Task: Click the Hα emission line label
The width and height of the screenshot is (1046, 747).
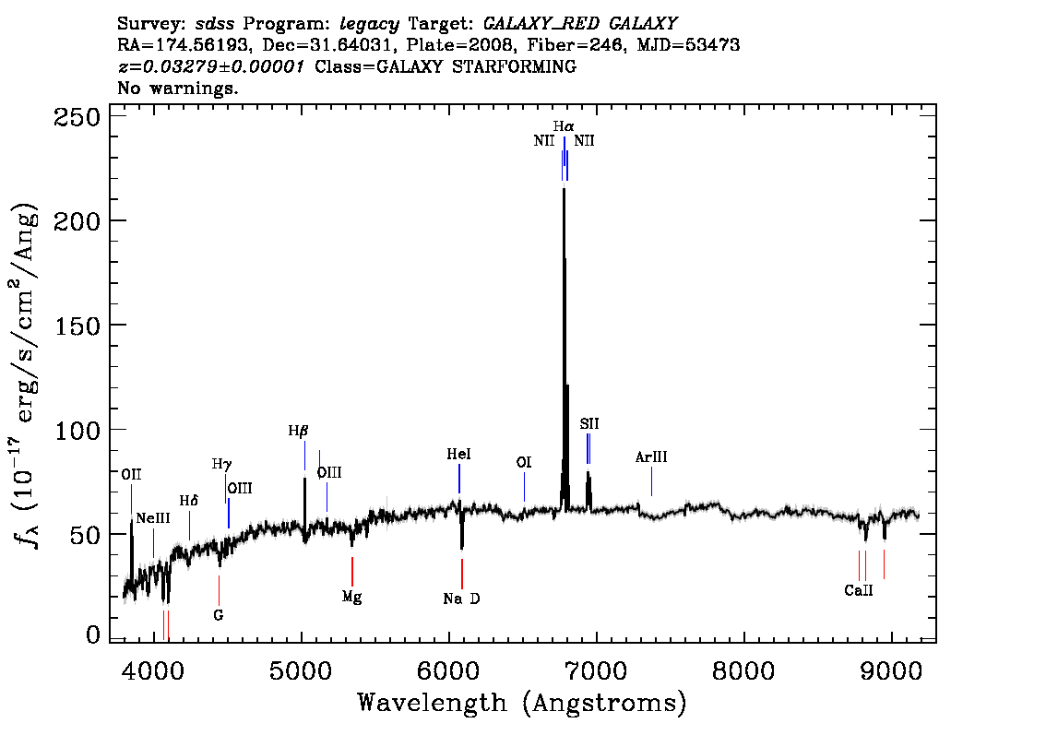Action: pos(564,126)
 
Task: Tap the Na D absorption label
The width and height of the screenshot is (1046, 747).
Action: pos(461,599)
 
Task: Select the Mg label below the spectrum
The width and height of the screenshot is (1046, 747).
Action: pos(351,597)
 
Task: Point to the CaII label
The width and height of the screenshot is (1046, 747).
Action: pos(859,590)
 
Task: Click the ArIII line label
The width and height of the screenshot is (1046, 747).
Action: pos(651,456)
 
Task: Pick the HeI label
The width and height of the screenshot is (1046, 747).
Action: pos(459,455)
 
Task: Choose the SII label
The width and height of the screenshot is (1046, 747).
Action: pos(589,423)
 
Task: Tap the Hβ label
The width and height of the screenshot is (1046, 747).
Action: pos(298,431)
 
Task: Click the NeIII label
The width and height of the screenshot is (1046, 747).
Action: pos(153,518)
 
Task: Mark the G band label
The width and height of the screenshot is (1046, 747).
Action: pos(218,615)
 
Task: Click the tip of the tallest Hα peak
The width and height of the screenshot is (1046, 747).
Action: pos(564,189)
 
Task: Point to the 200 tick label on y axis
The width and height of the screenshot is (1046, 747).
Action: pos(77,220)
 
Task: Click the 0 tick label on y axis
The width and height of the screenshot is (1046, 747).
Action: pos(93,634)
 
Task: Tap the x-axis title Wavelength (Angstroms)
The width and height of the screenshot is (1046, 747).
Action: pos(522,703)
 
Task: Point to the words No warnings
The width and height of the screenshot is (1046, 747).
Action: pos(177,88)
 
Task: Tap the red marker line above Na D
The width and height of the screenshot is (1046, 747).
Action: pos(461,575)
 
